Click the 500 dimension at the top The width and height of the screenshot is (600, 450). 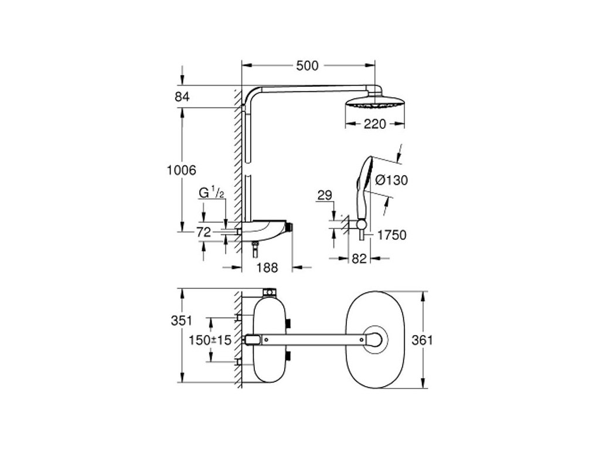[308, 66]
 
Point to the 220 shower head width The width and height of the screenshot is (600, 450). [374, 124]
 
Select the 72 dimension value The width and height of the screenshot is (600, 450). [203, 232]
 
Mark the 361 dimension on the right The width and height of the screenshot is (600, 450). [435, 340]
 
